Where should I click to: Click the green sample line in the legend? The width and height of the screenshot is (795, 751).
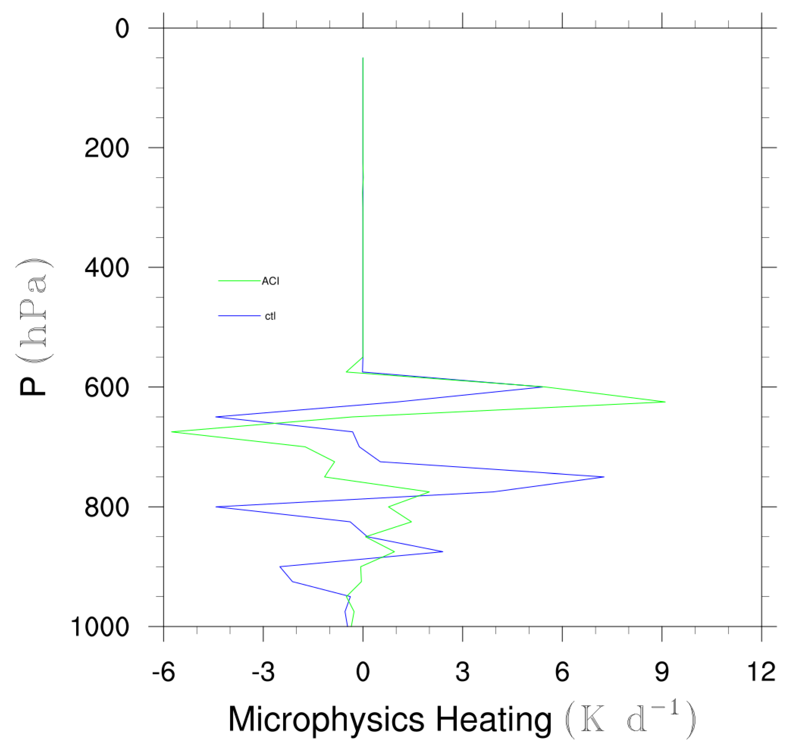tap(239, 281)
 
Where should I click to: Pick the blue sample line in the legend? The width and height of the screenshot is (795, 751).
tap(239, 316)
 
